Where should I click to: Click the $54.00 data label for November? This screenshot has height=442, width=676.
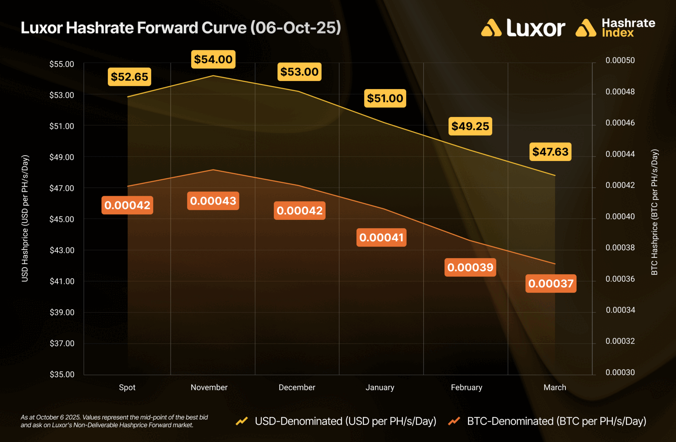click(x=213, y=59)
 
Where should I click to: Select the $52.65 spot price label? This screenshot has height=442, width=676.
click(x=129, y=77)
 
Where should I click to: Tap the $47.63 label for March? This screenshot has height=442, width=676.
click(x=550, y=152)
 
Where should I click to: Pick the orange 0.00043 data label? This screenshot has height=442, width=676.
click(x=213, y=201)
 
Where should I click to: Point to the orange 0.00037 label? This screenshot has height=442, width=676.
click(x=551, y=284)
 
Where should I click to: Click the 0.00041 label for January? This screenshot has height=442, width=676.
click(x=381, y=237)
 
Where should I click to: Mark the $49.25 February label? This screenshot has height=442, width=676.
click(x=470, y=126)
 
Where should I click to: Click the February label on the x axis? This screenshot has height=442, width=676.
click(x=467, y=387)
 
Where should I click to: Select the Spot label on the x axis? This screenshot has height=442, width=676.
click(x=127, y=387)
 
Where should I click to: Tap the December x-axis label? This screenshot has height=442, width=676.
click(x=297, y=387)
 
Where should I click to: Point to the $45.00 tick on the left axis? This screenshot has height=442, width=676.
click(x=62, y=219)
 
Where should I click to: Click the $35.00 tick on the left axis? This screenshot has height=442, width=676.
click(x=62, y=374)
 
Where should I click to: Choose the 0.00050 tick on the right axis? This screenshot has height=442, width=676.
click(x=620, y=60)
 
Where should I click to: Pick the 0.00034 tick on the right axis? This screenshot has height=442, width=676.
click(x=620, y=310)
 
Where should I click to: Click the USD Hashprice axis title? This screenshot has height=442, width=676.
click(x=25, y=218)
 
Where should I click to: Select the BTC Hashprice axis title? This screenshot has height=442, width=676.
click(x=654, y=212)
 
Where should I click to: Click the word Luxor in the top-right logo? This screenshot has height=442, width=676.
click(x=536, y=28)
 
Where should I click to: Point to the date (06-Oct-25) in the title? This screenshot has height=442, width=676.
click(x=296, y=28)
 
